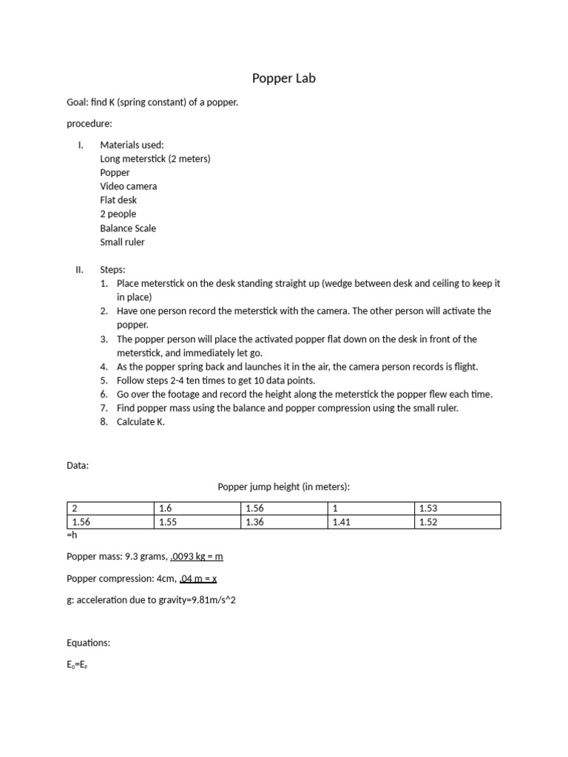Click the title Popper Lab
[x=283, y=78]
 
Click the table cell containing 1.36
[x=284, y=522]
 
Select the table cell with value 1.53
[x=458, y=509]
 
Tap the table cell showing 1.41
[x=371, y=522]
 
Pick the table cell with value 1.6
[x=197, y=509]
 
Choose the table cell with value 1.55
[x=197, y=522]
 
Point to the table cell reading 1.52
[x=458, y=522]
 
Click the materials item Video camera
[x=128, y=186]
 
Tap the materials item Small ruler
[x=122, y=242]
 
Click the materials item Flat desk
[x=118, y=200]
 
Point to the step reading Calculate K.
[x=141, y=422]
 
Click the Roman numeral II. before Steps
[x=80, y=270]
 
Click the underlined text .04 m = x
[x=193, y=577]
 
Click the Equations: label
[x=88, y=643]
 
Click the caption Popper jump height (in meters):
[x=283, y=486]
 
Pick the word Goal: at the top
[x=77, y=103]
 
